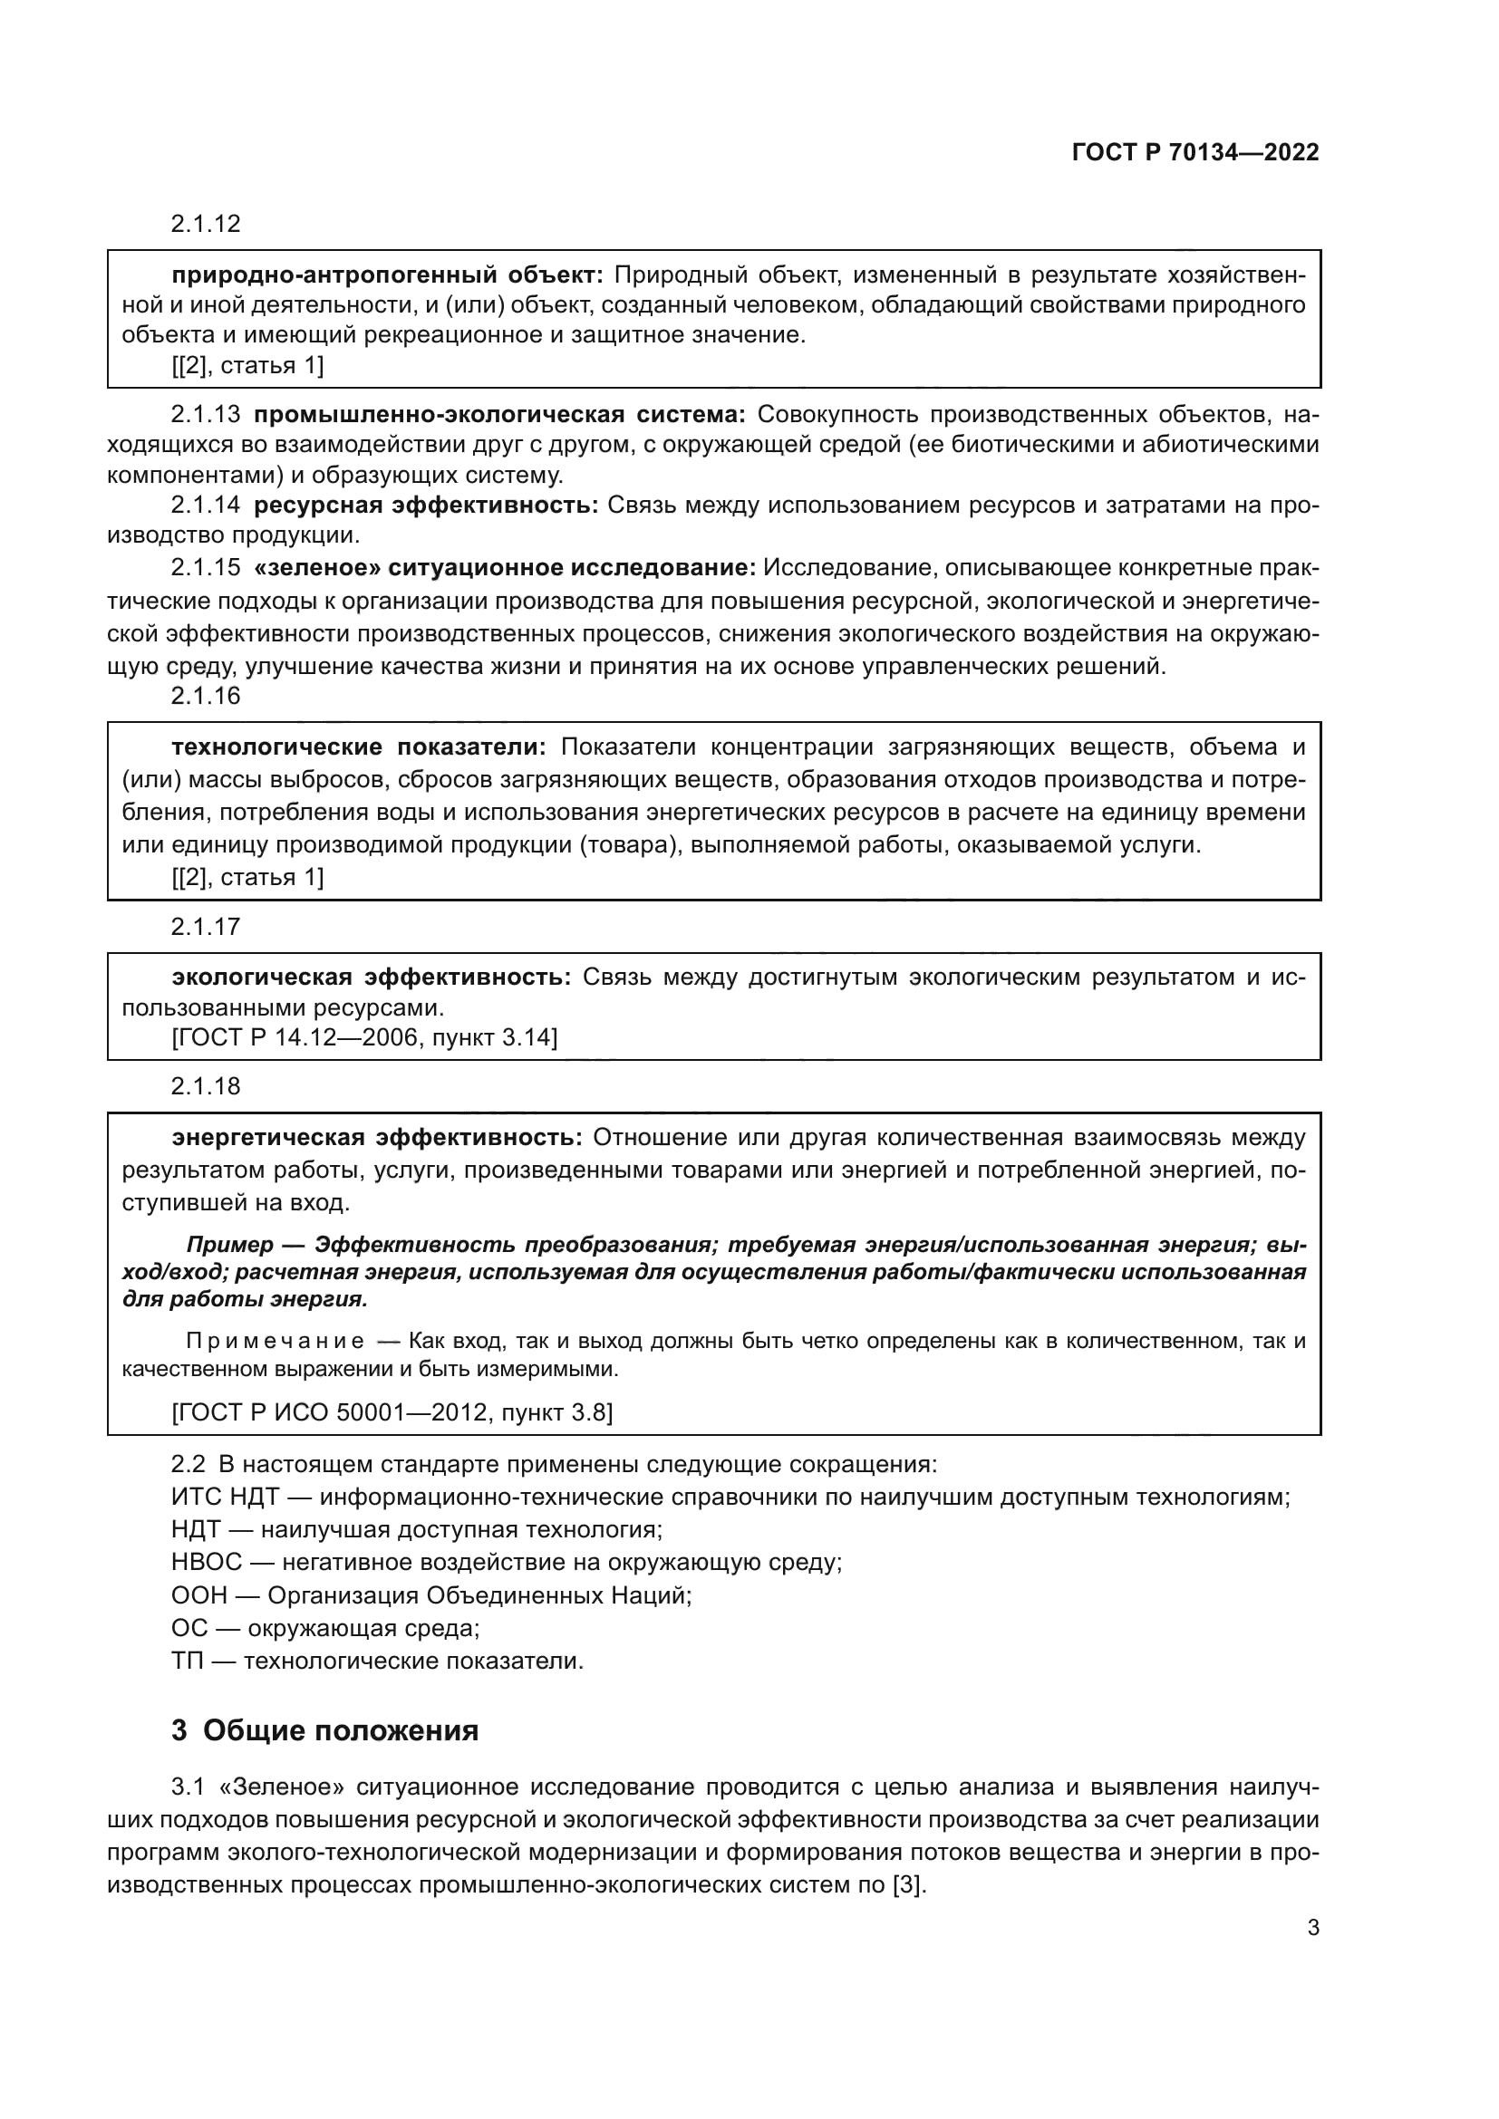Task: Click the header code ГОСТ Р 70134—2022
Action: (x=1194, y=152)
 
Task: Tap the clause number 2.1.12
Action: (x=205, y=224)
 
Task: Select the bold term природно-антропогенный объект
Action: (x=387, y=275)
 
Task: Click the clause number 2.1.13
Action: (x=205, y=414)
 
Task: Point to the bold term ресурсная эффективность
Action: (x=426, y=505)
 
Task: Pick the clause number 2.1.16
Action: (x=205, y=696)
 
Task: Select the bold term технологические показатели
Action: (x=359, y=746)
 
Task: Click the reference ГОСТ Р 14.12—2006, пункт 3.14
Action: (x=364, y=1038)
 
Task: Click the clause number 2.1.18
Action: (x=205, y=1086)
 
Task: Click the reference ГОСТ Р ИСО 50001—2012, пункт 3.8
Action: (x=392, y=1412)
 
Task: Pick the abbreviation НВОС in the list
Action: (x=206, y=1563)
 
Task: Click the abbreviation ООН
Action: (x=198, y=1594)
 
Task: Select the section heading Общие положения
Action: (x=340, y=1730)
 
